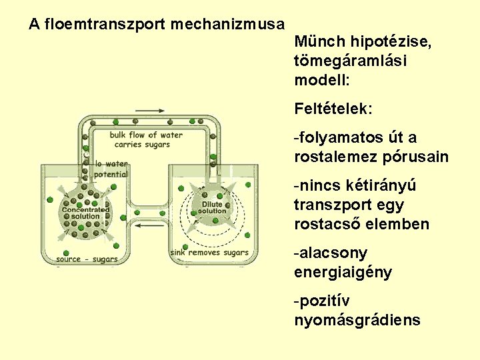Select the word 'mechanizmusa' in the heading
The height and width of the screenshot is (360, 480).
point(227,25)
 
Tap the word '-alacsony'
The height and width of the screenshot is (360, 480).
point(330,254)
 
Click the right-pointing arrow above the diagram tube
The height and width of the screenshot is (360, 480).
point(151,111)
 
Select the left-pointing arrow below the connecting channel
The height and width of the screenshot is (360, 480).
point(151,225)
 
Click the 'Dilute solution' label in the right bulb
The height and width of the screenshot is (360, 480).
point(213,208)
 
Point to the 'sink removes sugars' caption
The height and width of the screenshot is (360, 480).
point(209,253)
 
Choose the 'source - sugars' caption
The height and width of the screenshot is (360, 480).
point(87,259)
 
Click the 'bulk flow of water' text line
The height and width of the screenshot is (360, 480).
point(146,135)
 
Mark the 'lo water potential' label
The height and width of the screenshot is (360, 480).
point(111,169)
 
